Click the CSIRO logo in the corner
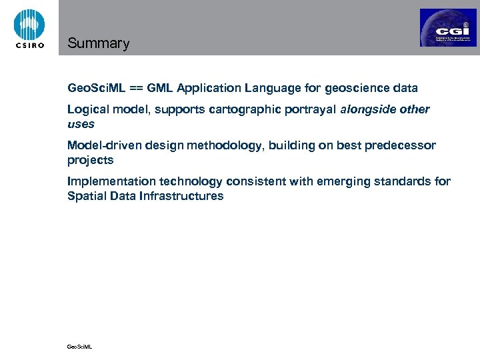pos(29,28)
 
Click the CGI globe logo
pos(448,28)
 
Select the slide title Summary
pos(98,44)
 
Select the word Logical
pos(87,109)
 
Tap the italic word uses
pos(81,123)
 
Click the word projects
pos(91,160)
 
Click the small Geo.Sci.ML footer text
pos(80,346)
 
